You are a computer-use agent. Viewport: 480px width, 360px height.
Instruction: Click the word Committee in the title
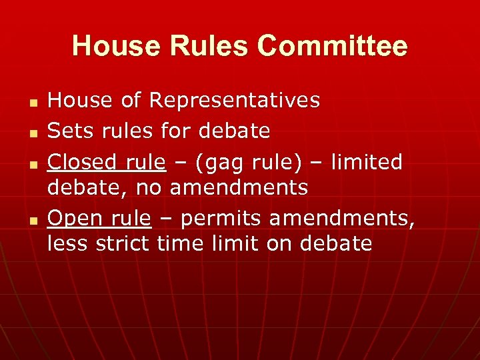(x=332, y=47)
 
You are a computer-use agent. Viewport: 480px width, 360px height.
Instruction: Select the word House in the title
(x=115, y=47)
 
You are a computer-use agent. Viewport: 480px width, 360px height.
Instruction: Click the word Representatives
(x=235, y=101)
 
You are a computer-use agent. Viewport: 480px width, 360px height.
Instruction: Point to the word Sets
(x=69, y=131)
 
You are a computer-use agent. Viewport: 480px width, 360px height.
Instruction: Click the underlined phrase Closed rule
(x=106, y=162)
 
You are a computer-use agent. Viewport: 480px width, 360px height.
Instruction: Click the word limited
(x=368, y=162)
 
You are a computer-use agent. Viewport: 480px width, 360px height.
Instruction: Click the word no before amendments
(x=149, y=189)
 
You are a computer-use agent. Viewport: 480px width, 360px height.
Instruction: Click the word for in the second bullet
(x=176, y=131)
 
